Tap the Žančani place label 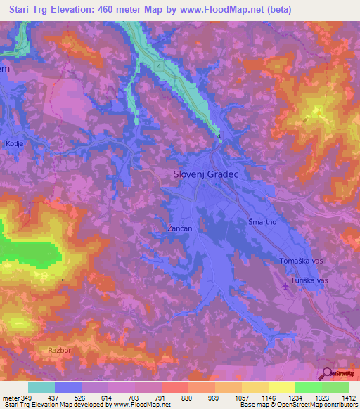click(171, 229)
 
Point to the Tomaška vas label click(301, 260)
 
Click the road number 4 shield click(160, 66)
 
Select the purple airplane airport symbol click(285, 285)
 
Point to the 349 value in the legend click(27, 398)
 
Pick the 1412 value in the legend click(348, 398)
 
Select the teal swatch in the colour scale click(41, 387)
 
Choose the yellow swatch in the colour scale click(281, 387)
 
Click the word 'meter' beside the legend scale click(11, 398)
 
